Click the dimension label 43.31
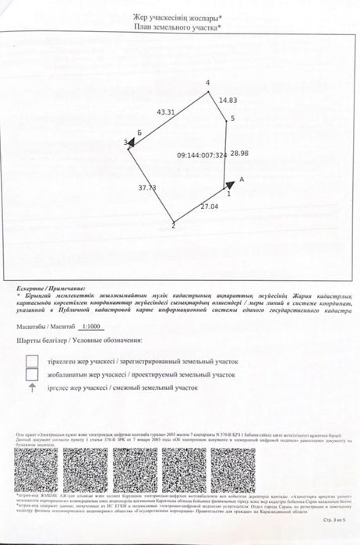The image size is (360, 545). [167, 111]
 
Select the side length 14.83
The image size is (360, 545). [228, 100]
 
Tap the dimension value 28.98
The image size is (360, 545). [238, 154]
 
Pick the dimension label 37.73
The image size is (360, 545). [147, 188]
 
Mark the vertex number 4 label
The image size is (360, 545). [208, 82]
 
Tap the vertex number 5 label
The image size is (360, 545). [231, 119]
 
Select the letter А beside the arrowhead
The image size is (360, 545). [242, 179]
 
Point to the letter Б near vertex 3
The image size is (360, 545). [139, 134]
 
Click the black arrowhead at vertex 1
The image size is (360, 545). [230, 185]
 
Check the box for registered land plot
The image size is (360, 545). [33, 361]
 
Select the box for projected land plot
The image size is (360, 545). [33, 374]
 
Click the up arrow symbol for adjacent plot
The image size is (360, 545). [32, 387]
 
